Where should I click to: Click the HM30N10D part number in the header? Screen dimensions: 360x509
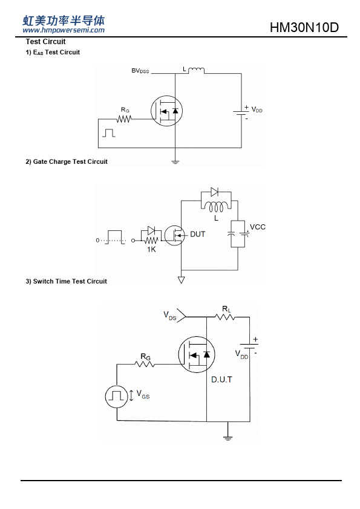(304, 28)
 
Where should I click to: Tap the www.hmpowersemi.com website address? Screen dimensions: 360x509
(64, 30)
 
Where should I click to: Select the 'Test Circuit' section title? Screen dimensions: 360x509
(45, 42)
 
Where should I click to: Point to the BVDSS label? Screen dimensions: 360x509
(140, 71)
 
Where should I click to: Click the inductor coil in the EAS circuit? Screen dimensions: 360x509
(196, 70)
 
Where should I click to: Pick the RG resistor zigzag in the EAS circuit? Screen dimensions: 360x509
(124, 119)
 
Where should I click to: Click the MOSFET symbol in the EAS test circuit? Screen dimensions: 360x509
(166, 111)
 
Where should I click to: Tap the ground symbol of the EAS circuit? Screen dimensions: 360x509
(175, 161)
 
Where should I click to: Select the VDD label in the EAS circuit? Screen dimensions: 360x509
(257, 110)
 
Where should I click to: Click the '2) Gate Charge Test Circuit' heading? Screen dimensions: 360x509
(67, 161)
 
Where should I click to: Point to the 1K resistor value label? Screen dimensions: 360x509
(151, 249)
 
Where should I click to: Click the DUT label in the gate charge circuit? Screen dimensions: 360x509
(197, 234)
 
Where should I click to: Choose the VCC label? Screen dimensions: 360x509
(258, 227)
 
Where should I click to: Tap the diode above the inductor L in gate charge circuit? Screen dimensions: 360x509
(214, 192)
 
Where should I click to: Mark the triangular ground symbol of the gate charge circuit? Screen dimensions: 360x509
(182, 279)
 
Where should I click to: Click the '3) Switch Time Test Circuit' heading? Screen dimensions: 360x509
(67, 282)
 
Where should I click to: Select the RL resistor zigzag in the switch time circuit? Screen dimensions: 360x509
(225, 317)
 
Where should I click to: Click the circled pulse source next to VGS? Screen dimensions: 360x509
(117, 397)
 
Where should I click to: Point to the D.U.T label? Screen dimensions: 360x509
(221, 380)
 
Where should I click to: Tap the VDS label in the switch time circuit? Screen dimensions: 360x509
(169, 316)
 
